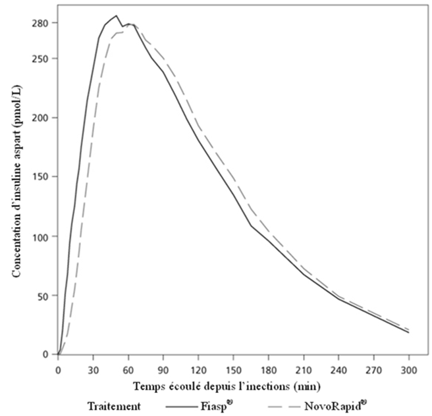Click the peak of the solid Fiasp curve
pyautogui.click(x=116, y=15)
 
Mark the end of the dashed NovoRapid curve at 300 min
pyautogui.click(x=409, y=329)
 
